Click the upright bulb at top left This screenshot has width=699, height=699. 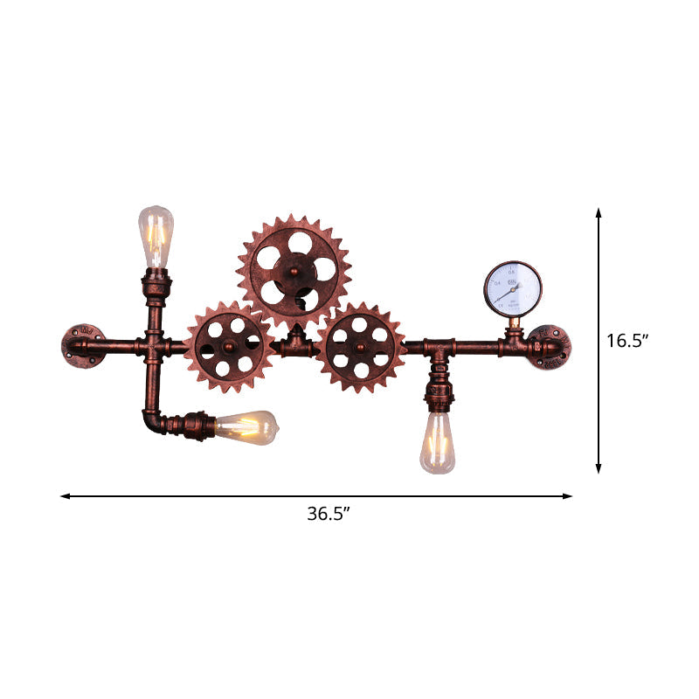point(156,238)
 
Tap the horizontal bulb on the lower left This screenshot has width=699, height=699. point(246,426)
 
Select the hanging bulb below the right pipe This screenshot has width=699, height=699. point(437,444)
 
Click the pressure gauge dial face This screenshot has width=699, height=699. point(513,288)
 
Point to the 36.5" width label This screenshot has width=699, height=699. point(329,514)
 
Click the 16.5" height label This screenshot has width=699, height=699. point(627,341)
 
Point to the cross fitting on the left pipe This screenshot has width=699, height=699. point(154,347)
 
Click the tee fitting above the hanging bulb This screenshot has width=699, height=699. point(437,349)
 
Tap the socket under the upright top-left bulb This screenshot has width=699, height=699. point(156,284)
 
